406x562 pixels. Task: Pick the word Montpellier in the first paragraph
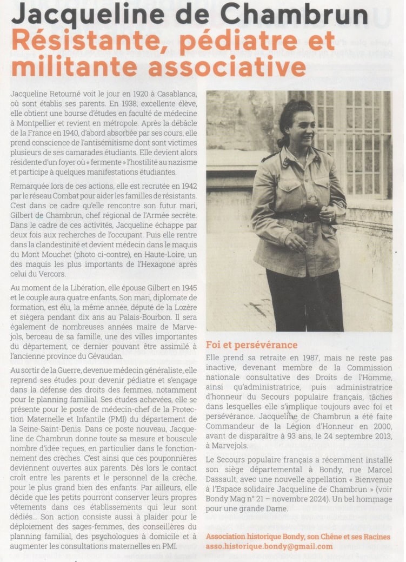point(37,123)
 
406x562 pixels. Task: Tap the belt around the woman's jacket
point(298,217)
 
